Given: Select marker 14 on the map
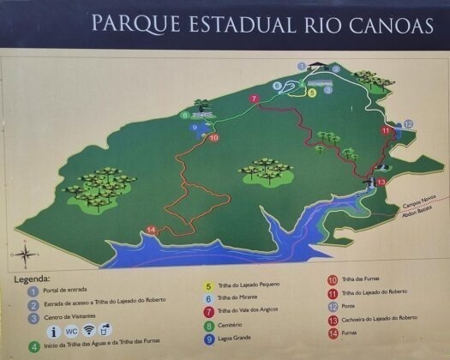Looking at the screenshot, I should click(x=151, y=229).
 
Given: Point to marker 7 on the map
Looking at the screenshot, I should click(x=254, y=99).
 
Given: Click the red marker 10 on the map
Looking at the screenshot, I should click(x=213, y=137).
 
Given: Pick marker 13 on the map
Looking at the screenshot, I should click(x=381, y=182).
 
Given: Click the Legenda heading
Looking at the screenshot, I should click(x=33, y=279).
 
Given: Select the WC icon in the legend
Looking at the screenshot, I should click(x=71, y=329).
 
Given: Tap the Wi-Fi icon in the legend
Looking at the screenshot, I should click(x=89, y=329).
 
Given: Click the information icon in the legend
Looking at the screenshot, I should click(x=53, y=329).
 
